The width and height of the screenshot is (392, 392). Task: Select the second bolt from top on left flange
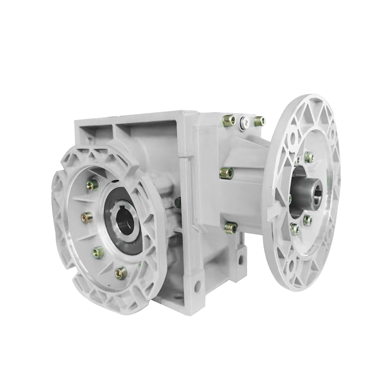tap(87, 217)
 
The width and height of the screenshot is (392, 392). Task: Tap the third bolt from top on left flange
tap(98, 252)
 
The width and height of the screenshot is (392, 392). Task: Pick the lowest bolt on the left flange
tap(121, 273)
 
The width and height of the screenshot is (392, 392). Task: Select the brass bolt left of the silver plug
tap(229, 121)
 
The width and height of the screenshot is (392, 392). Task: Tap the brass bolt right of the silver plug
tap(259, 121)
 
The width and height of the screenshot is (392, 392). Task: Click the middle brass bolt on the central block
tap(226, 172)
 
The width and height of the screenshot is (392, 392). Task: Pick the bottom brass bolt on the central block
tap(231, 227)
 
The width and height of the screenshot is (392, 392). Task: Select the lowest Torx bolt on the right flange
tap(295, 229)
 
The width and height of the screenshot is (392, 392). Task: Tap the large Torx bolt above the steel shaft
tap(309, 157)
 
